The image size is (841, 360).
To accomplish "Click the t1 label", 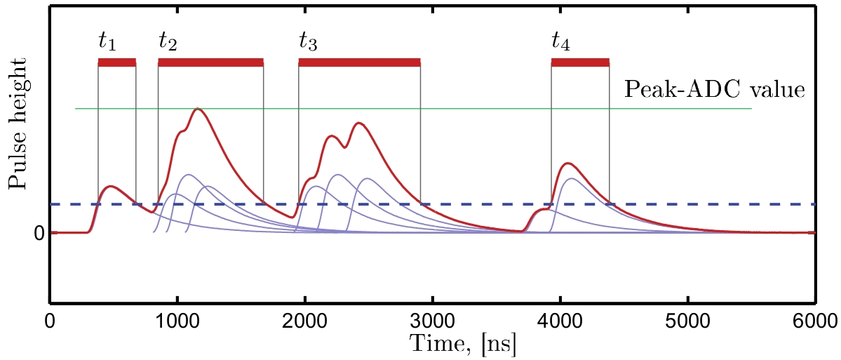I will point(107,42).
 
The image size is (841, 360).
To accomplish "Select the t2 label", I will point(168,42).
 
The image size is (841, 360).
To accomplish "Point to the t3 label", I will point(308,43).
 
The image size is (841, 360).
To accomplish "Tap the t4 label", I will point(560,43).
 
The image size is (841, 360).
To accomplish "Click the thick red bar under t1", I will point(116,63).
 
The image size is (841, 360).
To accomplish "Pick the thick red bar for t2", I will point(210,63).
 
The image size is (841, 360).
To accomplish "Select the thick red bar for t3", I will point(359,63).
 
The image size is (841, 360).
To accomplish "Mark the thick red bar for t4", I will point(580,63).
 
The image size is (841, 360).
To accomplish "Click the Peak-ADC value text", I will point(714,89).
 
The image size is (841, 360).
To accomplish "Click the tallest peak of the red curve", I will point(199,109).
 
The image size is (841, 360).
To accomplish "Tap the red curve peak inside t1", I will point(111,186).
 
